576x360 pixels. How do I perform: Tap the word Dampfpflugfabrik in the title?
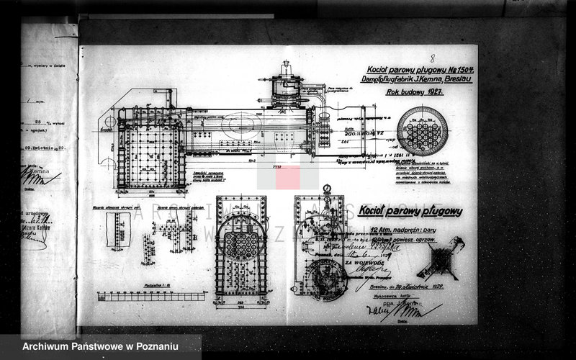pos(389,79)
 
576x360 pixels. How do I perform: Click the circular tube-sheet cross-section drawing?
pos(423,131)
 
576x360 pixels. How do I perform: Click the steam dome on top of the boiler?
pos(287,88)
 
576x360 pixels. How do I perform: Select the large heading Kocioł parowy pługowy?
pos(410,211)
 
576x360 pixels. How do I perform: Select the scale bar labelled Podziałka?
pos(151,294)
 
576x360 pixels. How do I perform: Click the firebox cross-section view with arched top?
pos(241,248)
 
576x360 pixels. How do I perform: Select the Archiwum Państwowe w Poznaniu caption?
pos(100,347)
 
